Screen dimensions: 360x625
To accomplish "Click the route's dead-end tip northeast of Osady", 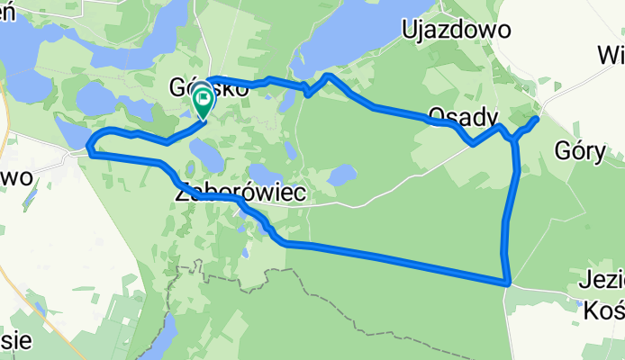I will coord(537,118).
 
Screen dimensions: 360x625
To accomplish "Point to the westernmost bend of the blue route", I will coord(88,144).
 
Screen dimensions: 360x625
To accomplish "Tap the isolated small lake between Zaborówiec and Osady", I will coord(341,175).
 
